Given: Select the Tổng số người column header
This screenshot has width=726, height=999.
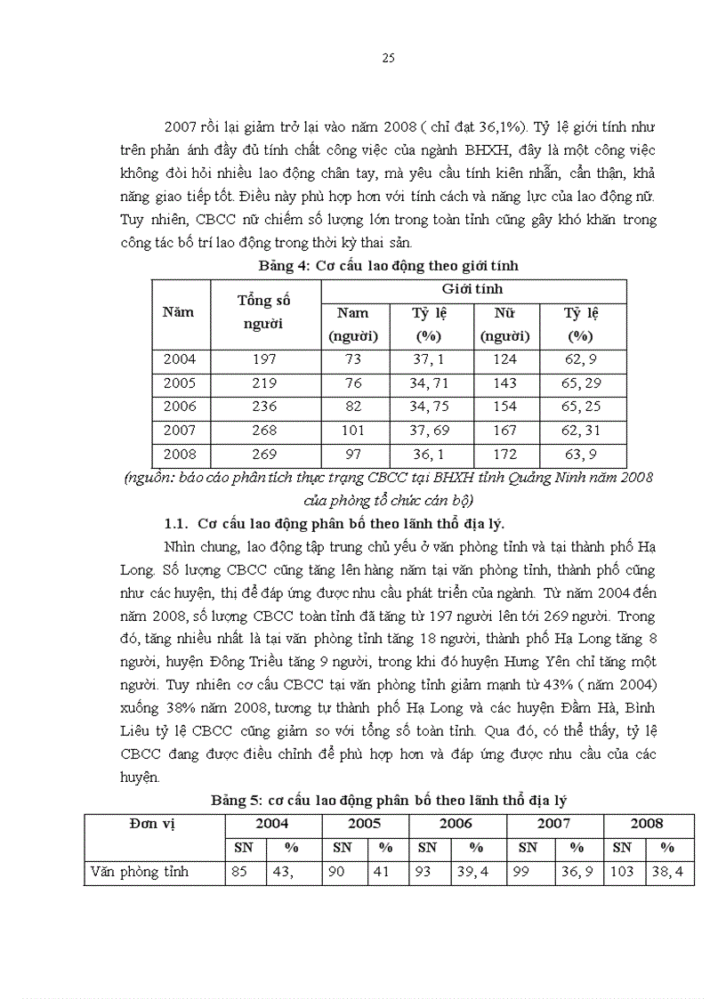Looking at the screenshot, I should click(x=264, y=311).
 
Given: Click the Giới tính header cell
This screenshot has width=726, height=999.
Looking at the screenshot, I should click(x=472, y=289).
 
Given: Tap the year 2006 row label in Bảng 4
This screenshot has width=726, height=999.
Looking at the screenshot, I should click(x=180, y=407).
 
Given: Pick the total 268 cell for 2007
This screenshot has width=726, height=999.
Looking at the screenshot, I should click(x=264, y=431).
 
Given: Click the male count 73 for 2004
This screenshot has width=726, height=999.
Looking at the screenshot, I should click(x=353, y=359).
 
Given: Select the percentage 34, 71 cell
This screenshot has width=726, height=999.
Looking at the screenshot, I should click(x=429, y=383).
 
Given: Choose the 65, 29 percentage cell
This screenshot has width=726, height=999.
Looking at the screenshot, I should click(x=580, y=383).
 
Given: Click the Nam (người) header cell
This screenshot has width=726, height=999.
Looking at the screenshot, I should click(x=353, y=325).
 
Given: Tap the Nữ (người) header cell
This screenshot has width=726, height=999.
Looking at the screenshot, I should click(x=504, y=325).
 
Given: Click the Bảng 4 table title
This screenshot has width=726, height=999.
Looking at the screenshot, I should click(x=388, y=265).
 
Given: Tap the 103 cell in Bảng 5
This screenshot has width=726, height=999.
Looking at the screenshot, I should click(x=622, y=872).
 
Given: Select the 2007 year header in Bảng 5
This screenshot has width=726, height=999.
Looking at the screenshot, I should click(x=554, y=824).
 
